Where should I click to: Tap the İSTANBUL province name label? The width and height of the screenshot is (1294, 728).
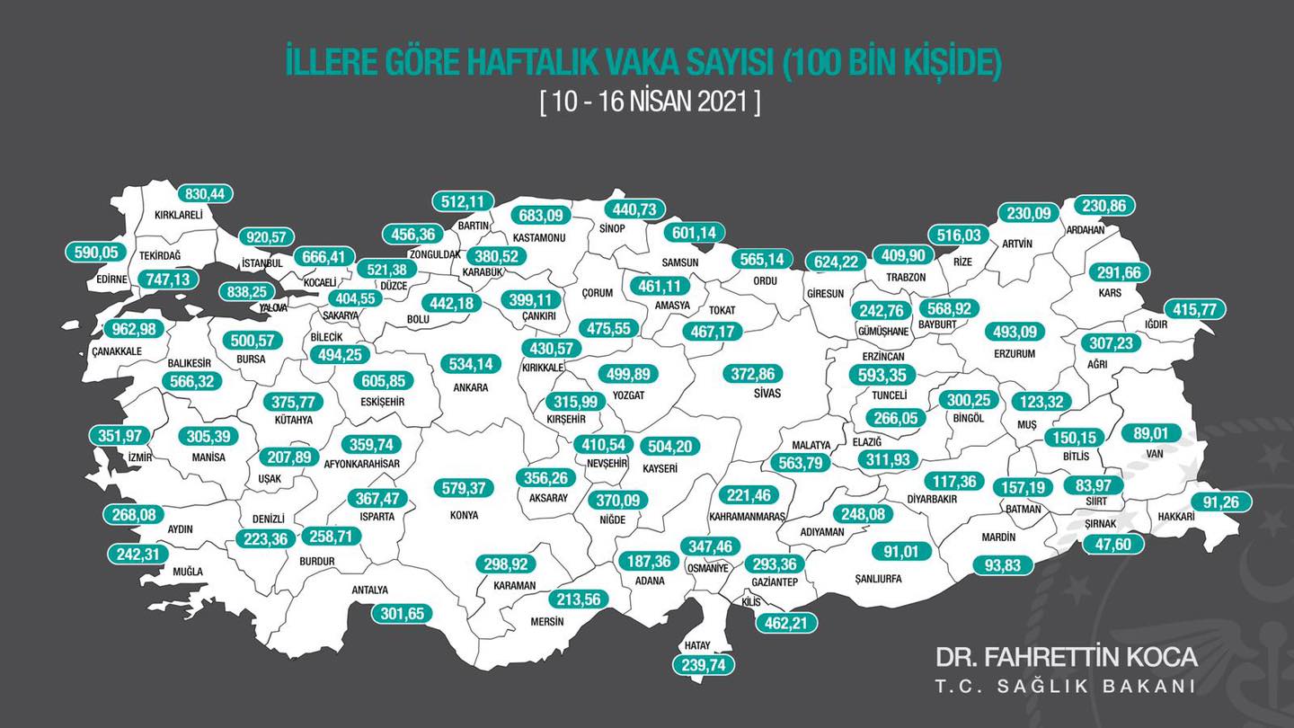(x=262, y=263)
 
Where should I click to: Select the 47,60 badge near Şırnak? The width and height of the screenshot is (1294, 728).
(x=1113, y=543)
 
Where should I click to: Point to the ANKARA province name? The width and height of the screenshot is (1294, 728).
(x=470, y=387)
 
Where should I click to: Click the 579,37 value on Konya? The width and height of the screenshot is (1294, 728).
(x=464, y=489)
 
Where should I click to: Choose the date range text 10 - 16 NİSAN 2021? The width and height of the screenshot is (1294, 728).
(x=650, y=102)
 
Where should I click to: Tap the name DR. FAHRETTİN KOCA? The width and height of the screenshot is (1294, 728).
(x=1066, y=657)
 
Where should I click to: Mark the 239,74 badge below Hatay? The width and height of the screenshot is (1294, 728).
(x=703, y=664)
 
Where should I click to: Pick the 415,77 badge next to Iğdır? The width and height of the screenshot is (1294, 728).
(x=1194, y=309)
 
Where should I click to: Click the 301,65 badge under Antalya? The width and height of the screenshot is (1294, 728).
(x=402, y=614)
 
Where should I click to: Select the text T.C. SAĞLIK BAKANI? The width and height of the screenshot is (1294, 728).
(x=1066, y=687)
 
